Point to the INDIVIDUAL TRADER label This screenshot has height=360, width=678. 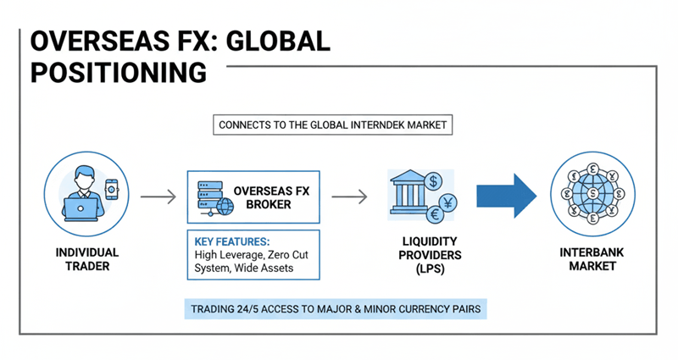[86, 259]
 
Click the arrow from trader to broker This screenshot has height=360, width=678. [158, 197]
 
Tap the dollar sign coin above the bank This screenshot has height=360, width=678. [432, 180]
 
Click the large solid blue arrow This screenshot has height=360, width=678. [506, 197]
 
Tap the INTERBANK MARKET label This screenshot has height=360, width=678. [592, 259]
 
